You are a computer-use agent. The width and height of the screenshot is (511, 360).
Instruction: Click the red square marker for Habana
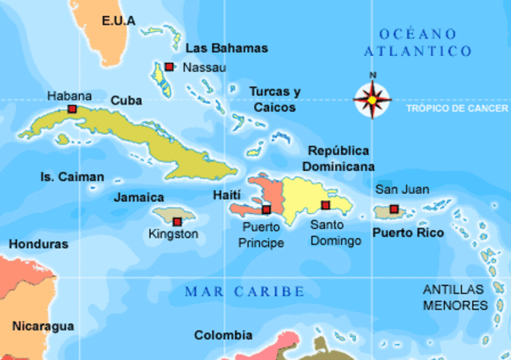pos(72,109)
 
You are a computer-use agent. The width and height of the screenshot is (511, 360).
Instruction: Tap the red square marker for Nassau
pos(169,67)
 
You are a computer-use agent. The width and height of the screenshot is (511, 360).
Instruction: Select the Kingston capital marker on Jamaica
pos(176,221)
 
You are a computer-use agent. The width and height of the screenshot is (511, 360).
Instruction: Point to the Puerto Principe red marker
pos(266,210)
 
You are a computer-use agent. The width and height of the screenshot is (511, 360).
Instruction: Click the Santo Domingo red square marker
pos(325,206)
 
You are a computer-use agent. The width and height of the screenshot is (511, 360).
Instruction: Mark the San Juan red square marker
pos(394,210)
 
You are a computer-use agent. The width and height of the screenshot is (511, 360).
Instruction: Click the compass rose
pos(372,99)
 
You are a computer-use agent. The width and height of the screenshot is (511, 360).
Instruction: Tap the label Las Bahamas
pos(227,48)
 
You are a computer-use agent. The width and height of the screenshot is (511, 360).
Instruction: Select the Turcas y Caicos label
pos(275,99)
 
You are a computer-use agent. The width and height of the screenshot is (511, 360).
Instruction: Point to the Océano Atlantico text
pos(418,42)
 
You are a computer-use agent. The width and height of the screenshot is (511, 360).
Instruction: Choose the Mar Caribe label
pos(244,291)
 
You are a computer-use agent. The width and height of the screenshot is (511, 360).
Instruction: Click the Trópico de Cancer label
pos(456,108)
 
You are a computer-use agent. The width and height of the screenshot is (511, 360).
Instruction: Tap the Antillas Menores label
pos(454,296)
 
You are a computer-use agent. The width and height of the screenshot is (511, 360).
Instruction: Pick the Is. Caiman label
pos(72,176)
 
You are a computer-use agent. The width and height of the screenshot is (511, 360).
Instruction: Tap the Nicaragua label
pos(43,326)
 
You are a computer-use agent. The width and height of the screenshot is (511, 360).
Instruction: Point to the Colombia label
pos(224,335)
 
